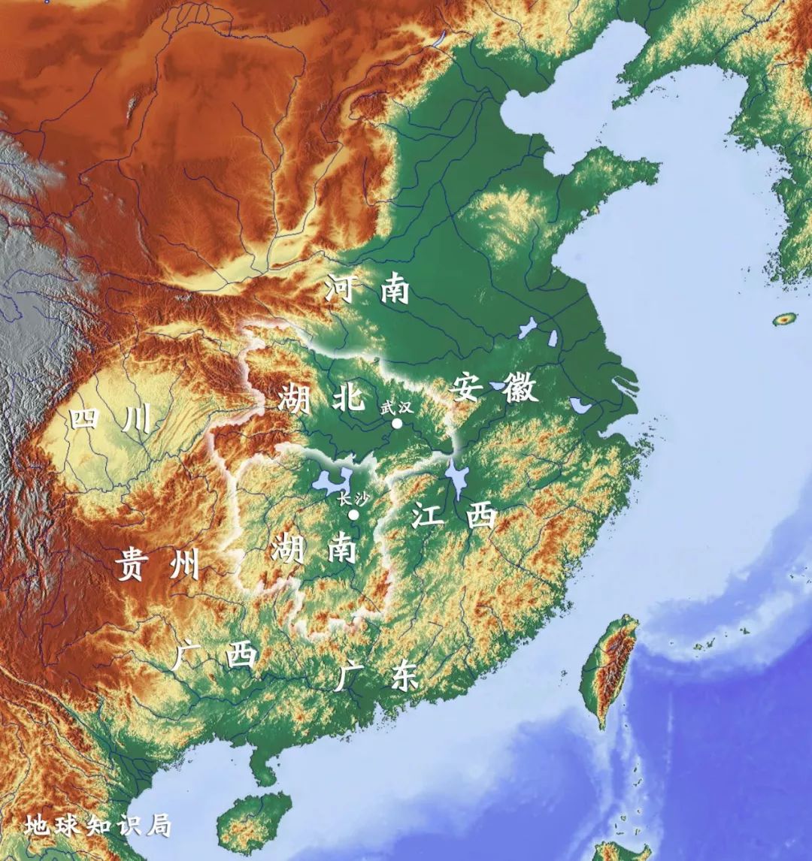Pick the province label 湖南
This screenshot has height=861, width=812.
313,548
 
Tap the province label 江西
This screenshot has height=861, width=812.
454,516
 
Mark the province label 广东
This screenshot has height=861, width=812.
375,675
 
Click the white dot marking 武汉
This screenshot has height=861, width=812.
397,423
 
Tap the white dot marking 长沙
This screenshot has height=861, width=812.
353,515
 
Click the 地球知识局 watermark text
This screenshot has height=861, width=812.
97,825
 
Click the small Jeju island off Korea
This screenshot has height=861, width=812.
785,319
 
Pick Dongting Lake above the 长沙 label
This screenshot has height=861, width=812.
335,481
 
